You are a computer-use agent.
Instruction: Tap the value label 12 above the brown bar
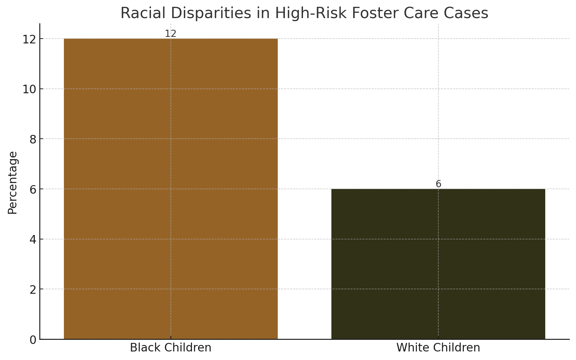click(170, 34)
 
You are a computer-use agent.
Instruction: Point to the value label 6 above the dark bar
click(438, 184)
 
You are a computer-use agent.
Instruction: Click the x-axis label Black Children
click(170, 348)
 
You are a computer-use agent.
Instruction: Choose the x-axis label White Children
click(438, 348)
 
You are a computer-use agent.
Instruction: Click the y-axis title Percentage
click(13, 182)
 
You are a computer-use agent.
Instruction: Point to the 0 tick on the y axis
click(33, 340)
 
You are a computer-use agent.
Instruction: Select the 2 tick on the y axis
click(33, 290)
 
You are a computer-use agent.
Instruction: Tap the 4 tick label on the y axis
click(33, 239)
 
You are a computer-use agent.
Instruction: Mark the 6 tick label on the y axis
click(33, 189)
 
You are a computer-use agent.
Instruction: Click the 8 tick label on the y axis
click(33, 139)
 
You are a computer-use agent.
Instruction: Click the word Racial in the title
click(142, 13)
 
